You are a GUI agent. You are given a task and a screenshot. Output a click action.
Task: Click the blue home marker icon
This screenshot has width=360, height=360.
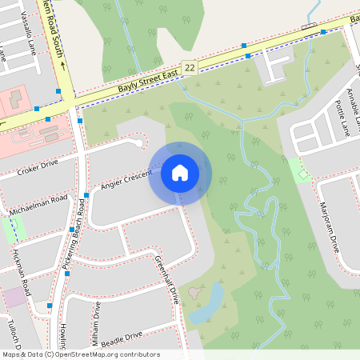coord(180,172)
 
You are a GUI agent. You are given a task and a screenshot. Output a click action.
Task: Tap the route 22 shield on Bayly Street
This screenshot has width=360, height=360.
coord(190,69)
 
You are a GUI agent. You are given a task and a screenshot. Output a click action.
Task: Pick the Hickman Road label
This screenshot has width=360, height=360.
coord(22,272)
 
